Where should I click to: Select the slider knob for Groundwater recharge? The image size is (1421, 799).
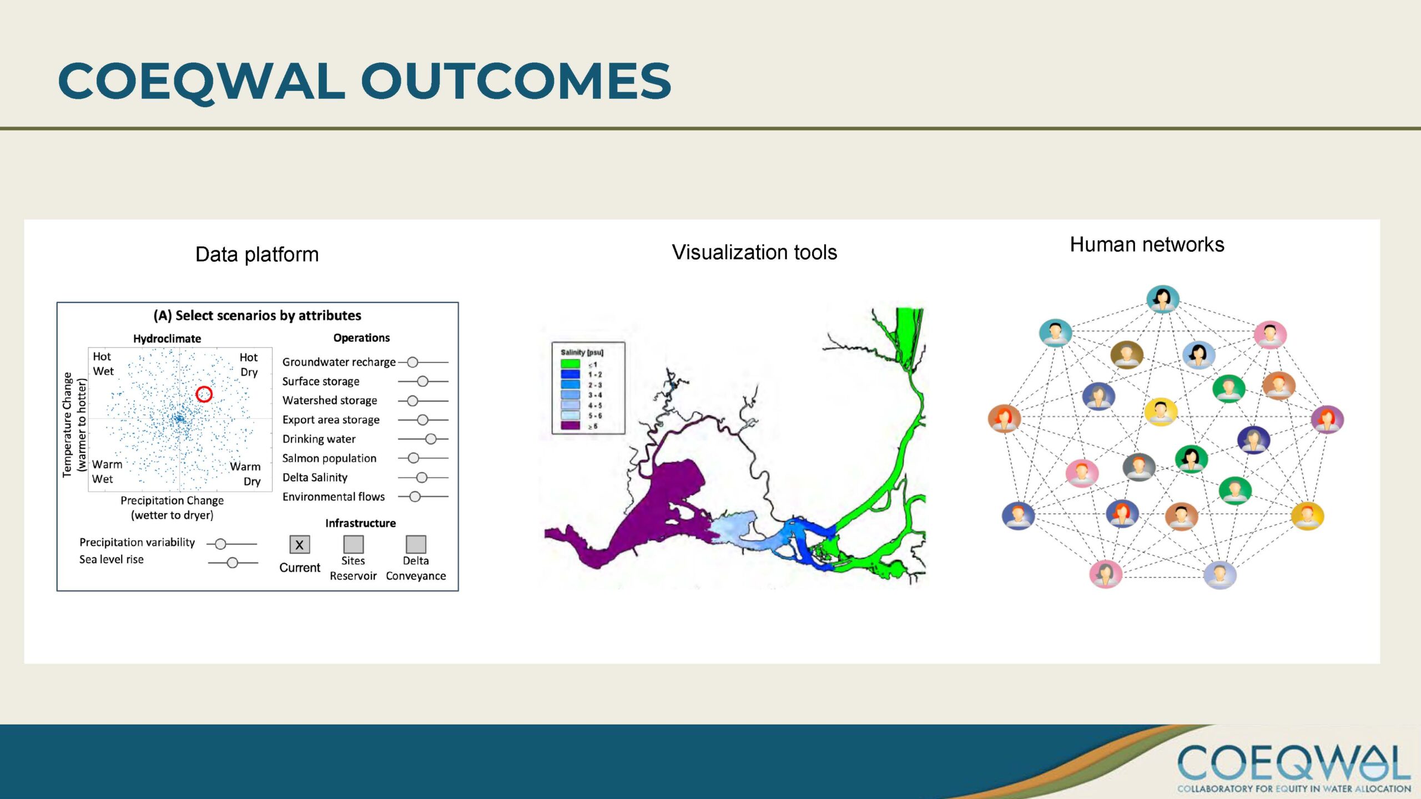(412, 362)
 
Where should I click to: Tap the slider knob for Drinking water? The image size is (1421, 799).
(431, 439)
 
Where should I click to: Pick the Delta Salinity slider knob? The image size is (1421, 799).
(422, 477)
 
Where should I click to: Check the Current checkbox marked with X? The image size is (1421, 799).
(300, 544)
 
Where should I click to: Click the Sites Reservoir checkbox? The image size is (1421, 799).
(354, 544)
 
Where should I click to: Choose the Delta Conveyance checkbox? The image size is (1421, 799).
(416, 544)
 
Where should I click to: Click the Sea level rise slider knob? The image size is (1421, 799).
(233, 563)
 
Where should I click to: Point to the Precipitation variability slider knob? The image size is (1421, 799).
(220, 544)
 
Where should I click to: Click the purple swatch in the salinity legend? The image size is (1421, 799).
(570, 426)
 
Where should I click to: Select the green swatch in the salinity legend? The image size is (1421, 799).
(570, 364)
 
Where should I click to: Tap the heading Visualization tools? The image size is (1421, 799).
(754, 252)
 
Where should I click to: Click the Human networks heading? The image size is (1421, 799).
(1147, 245)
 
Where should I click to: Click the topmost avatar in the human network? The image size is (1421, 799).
(1163, 300)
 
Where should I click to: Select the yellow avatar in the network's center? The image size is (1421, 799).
(1161, 412)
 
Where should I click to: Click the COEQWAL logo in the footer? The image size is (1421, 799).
(1294, 767)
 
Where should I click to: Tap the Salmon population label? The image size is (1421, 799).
(329, 458)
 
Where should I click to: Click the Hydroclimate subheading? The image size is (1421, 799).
(167, 338)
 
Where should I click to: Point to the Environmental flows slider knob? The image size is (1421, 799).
(415, 497)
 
